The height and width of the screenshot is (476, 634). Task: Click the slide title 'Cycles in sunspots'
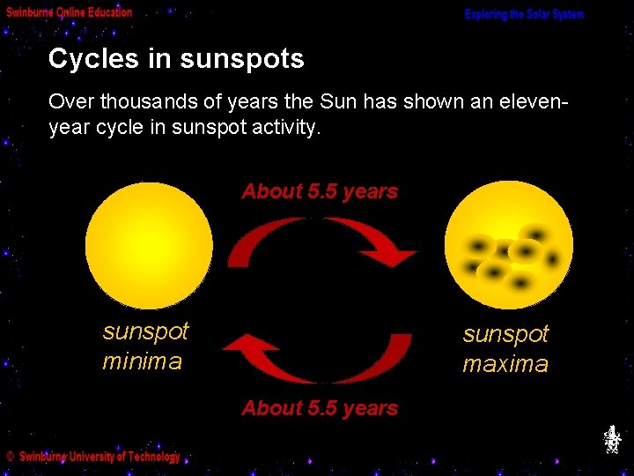point(176,59)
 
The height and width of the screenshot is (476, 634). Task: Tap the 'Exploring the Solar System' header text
point(524,15)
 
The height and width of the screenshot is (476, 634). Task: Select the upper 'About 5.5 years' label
point(320,191)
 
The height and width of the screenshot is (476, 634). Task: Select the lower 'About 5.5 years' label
point(320,408)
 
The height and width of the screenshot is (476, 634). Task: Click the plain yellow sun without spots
point(149,245)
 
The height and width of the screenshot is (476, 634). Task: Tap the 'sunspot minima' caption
point(145,346)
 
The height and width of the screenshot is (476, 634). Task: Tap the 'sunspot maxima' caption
point(505,349)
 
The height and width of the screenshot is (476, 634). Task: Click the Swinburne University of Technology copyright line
point(93,457)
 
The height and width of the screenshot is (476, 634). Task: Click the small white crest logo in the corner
point(612,439)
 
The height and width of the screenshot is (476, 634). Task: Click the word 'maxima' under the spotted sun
point(505,364)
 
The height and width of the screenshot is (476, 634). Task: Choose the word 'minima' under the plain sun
point(142,361)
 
